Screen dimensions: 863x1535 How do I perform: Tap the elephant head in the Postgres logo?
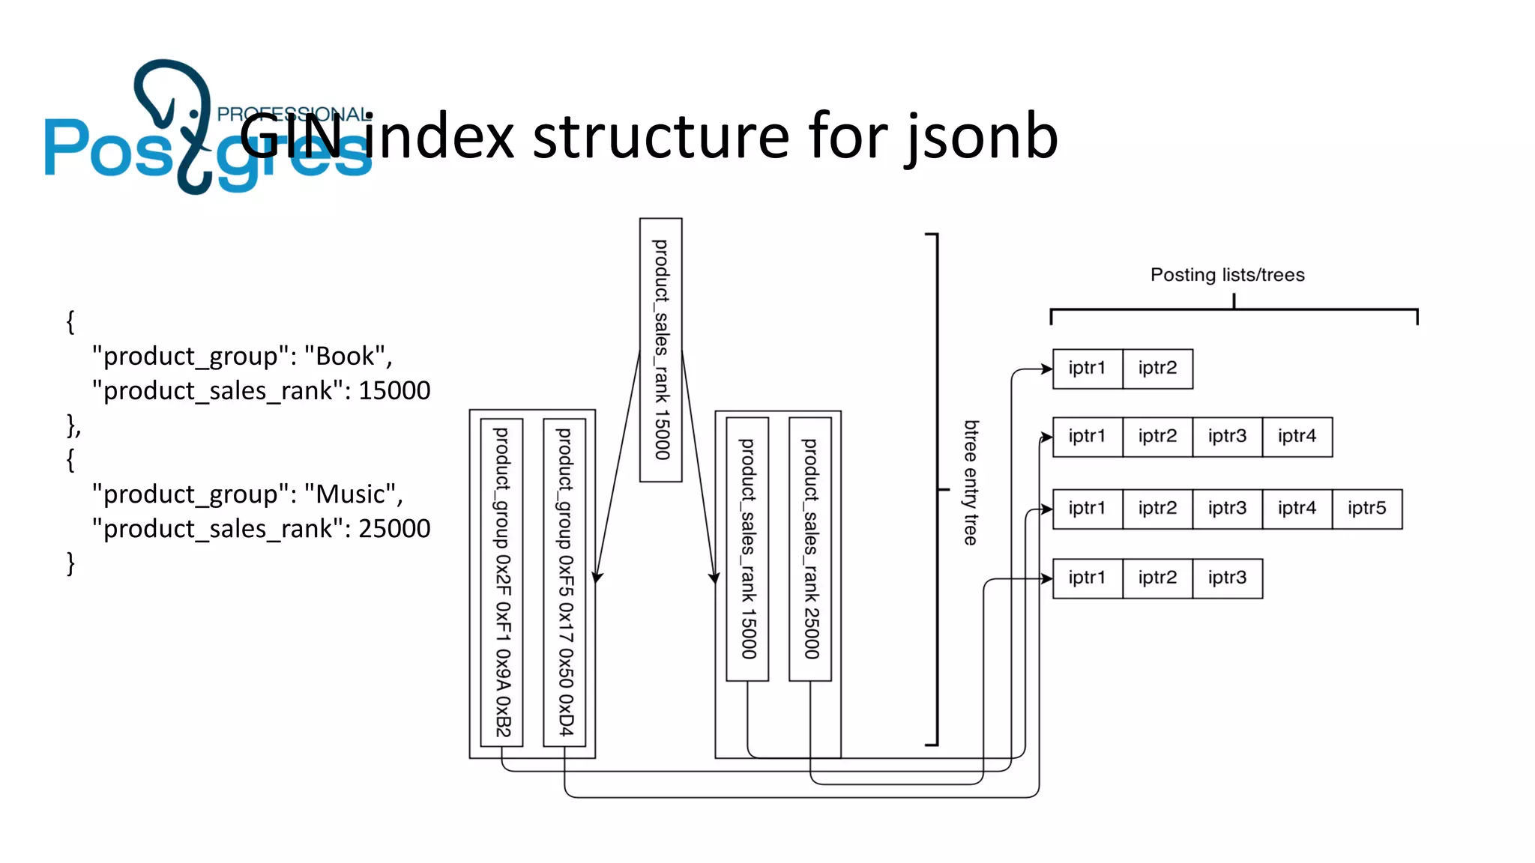pos(171,94)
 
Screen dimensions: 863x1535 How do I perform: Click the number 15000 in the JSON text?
pos(394,390)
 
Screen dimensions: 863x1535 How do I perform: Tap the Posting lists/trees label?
pos(1227,275)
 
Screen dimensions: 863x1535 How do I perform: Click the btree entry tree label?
pos(971,482)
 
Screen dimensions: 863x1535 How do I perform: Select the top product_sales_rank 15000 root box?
pos(660,350)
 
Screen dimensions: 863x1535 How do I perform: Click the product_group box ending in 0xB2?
pos(501,582)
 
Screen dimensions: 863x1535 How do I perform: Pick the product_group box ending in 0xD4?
pos(564,582)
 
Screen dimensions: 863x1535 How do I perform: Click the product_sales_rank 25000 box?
pos(810,548)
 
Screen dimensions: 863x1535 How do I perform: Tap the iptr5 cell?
pos(1366,509)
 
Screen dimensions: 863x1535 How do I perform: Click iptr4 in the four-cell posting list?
pos(1297,437)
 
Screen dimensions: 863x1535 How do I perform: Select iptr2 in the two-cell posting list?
pos(1157,369)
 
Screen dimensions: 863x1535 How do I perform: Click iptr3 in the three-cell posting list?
pos(1227,578)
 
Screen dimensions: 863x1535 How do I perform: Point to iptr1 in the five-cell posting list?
pos(1087,509)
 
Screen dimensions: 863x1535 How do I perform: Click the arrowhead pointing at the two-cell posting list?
pos(1047,369)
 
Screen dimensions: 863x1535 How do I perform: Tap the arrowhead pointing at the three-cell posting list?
pos(1047,578)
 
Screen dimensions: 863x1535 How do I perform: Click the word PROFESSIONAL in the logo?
pos(294,115)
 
